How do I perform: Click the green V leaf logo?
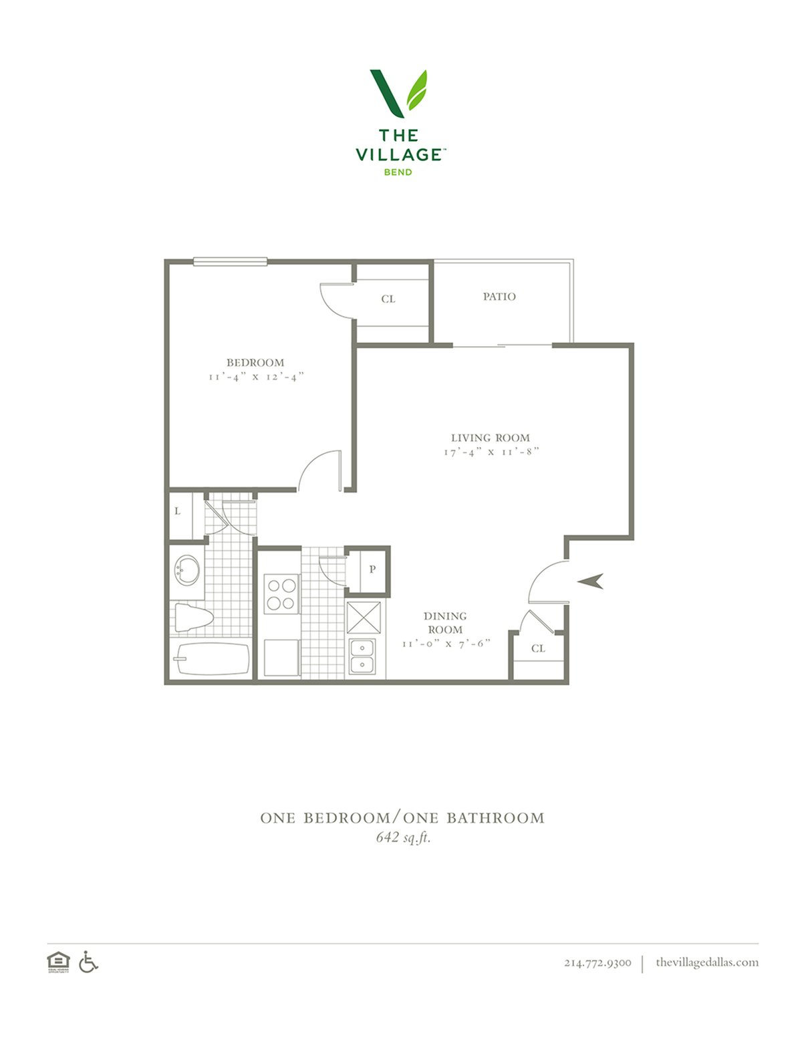pyautogui.click(x=398, y=94)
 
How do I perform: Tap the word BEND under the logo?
pyautogui.click(x=398, y=172)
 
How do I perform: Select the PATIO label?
pyautogui.click(x=499, y=297)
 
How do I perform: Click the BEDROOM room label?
pyautogui.click(x=255, y=362)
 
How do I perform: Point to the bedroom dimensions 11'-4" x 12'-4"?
pyautogui.click(x=256, y=377)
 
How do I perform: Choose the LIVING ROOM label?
pyautogui.click(x=491, y=438)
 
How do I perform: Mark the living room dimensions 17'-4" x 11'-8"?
pyautogui.click(x=491, y=452)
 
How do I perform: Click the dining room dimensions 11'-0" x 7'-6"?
pyautogui.click(x=446, y=644)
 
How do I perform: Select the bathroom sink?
pyautogui.click(x=186, y=569)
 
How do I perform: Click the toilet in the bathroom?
pyautogui.click(x=193, y=618)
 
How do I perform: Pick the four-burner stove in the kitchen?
pyautogui.click(x=281, y=594)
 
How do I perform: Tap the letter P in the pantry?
pyautogui.click(x=372, y=569)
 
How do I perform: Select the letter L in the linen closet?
pyautogui.click(x=178, y=511)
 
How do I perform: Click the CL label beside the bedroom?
pyautogui.click(x=388, y=299)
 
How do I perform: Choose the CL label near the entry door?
pyautogui.click(x=538, y=648)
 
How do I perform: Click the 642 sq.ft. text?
pyautogui.click(x=404, y=837)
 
